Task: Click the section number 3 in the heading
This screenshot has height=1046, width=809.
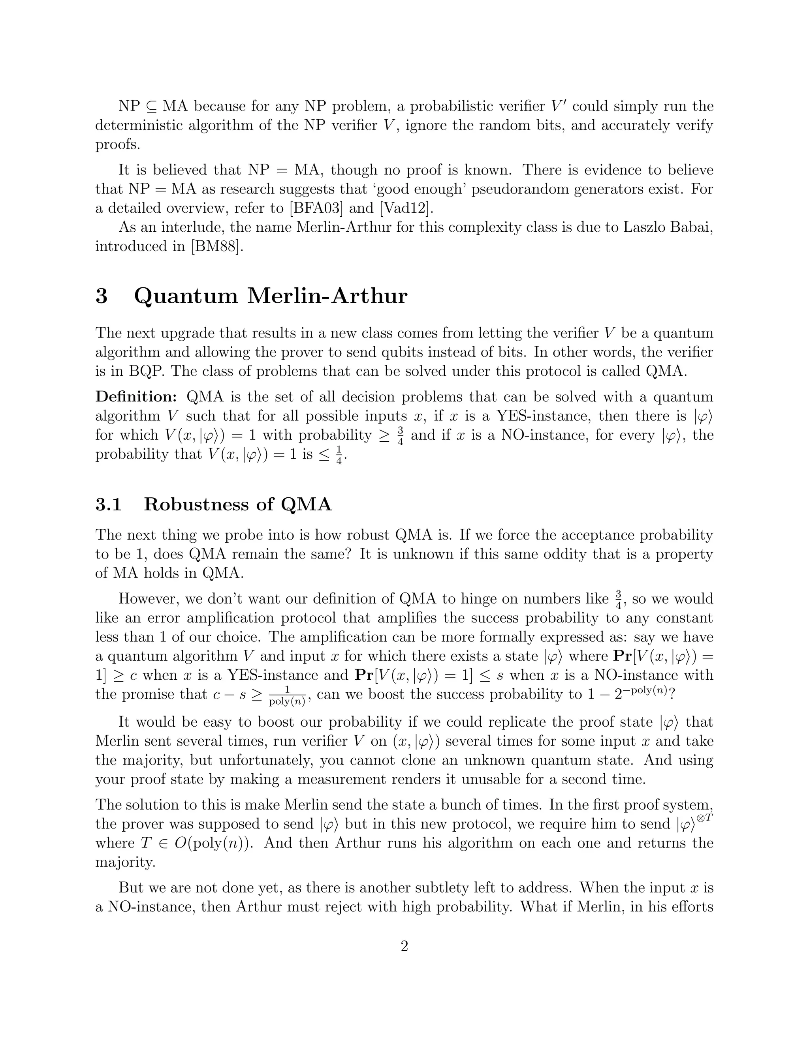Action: (102, 296)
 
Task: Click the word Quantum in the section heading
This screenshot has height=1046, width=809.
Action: (186, 296)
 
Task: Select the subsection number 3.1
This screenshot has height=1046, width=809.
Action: (108, 504)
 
